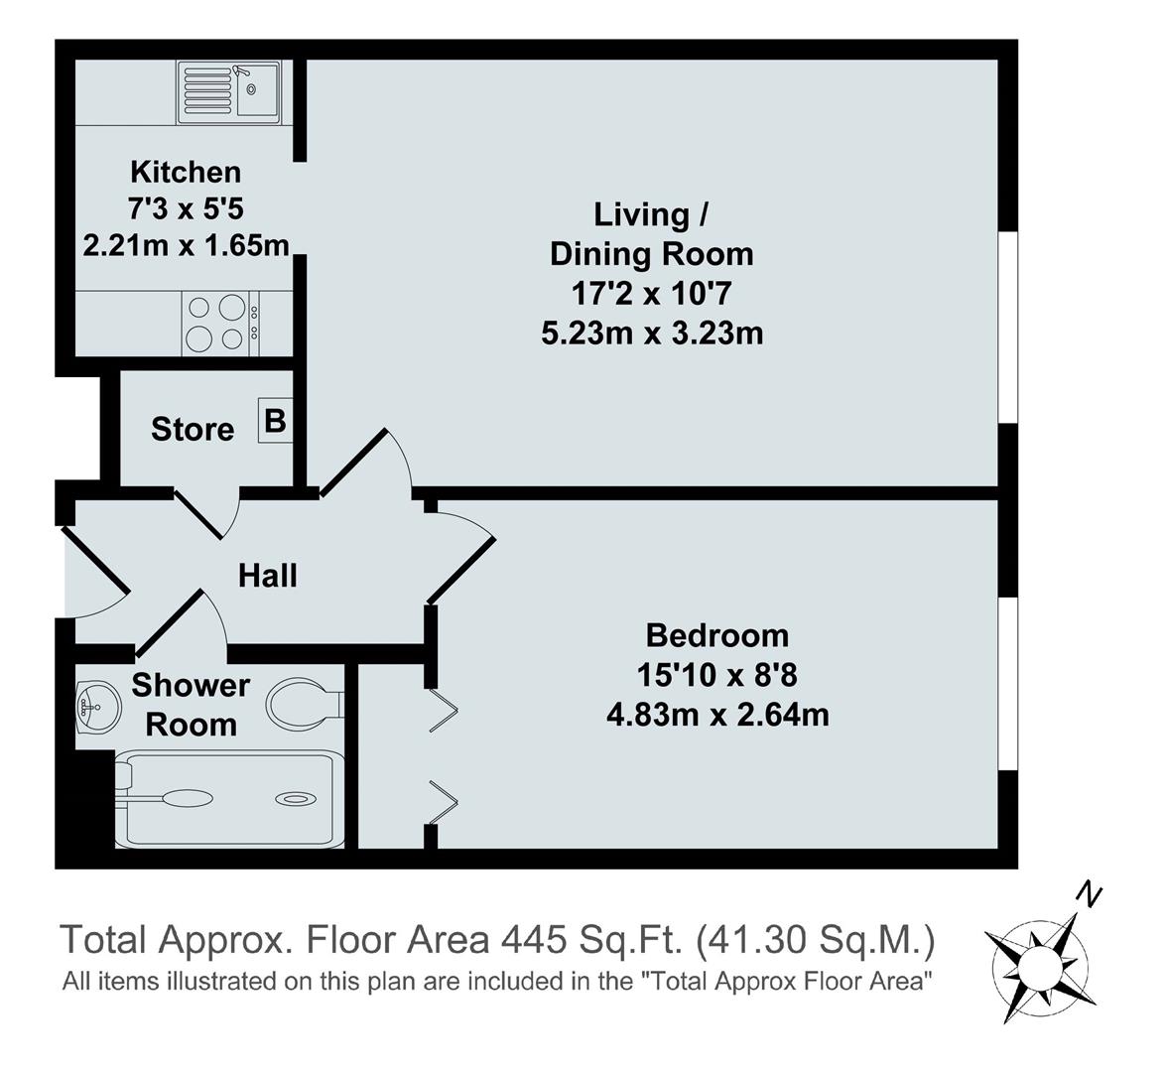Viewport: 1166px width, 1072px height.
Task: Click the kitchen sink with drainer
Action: pyautogui.click(x=229, y=92)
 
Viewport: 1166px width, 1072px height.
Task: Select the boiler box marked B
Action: pyautogui.click(x=274, y=422)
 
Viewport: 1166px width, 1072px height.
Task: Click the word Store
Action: pyautogui.click(x=193, y=430)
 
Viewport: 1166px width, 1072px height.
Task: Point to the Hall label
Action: pyautogui.click(x=267, y=576)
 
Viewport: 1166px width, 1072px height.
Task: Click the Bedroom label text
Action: pyautogui.click(x=716, y=635)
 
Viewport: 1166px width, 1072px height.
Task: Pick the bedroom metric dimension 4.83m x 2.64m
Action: pyautogui.click(x=716, y=714)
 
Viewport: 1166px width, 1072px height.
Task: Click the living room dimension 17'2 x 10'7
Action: pyautogui.click(x=652, y=294)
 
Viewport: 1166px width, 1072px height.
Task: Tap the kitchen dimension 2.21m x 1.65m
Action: pyautogui.click(x=186, y=244)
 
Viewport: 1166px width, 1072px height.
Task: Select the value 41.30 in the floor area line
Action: pyautogui.click(x=763, y=939)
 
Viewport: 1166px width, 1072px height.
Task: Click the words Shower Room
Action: pyautogui.click(x=191, y=705)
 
